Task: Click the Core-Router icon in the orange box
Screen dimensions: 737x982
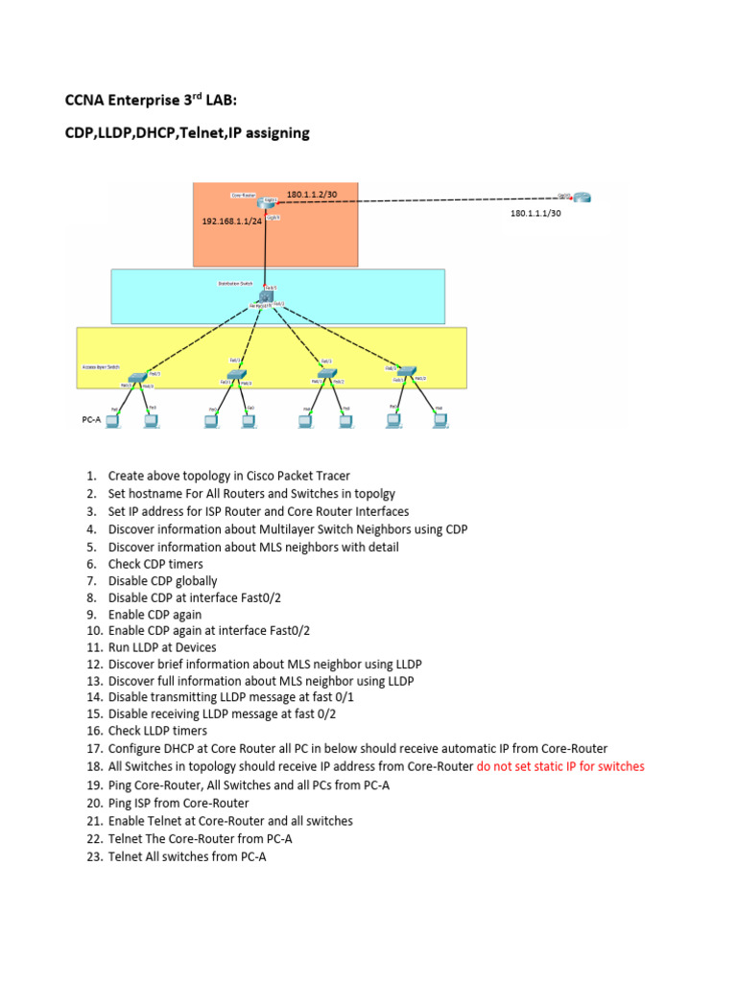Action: (x=266, y=202)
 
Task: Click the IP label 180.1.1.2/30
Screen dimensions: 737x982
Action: (x=311, y=195)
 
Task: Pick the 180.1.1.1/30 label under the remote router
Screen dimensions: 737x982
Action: (x=535, y=214)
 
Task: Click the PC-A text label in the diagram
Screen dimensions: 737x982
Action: (x=91, y=419)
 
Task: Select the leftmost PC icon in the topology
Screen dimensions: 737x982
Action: (x=112, y=419)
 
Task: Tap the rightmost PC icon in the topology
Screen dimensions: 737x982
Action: (x=440, y=419)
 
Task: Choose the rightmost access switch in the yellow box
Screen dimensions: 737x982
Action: (x=407, y=370)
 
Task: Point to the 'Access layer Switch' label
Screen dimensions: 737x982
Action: (x=101, y=367)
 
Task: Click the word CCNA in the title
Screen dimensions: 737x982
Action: (x=84, y=101)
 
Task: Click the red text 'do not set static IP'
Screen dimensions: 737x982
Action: (x=560, y=766)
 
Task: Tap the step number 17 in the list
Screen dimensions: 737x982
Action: (x=93, y=749)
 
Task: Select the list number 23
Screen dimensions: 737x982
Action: (x=93, y=857)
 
